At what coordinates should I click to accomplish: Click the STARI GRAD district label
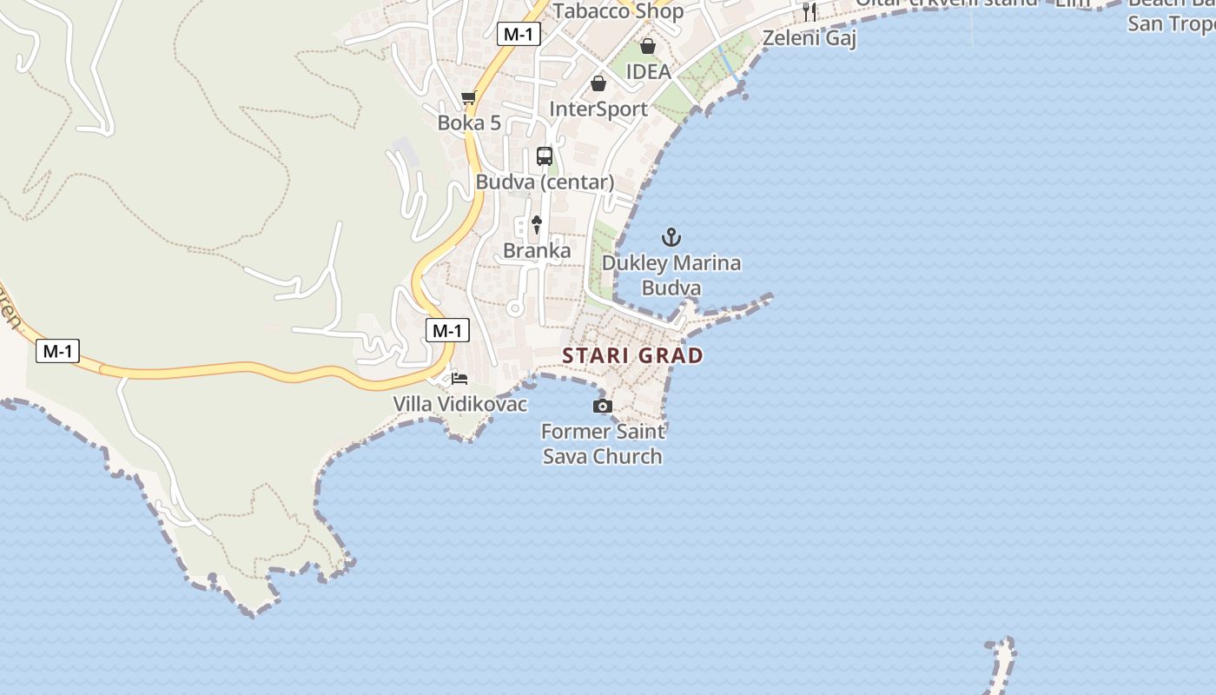(632, 355)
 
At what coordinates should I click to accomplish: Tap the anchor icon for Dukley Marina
(671, 236)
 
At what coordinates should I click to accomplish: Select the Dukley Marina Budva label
(671, 275)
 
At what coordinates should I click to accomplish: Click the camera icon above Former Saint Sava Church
(602, 406)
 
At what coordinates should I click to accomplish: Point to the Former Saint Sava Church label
(603, 443)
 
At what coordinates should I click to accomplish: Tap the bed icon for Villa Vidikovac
(459, 378)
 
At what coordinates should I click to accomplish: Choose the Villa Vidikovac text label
(460, 404)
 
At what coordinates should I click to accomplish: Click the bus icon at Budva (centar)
(545, 156)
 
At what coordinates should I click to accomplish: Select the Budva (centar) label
(545, 182)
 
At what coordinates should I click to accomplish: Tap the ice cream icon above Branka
(537, 225)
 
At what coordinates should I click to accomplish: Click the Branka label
(537, 251)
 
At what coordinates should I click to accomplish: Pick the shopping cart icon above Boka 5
(469, 97)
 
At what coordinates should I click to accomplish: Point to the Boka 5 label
(469, 122)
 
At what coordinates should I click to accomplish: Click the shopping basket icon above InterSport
(598, 83)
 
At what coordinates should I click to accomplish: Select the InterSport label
(598, 109)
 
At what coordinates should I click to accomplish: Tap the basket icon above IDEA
(648, 46)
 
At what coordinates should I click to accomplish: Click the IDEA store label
(649, 71)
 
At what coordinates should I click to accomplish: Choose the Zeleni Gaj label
(810, 38)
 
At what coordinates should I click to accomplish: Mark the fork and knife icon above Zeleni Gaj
(810, 12)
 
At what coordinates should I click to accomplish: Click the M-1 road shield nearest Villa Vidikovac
(447, 330)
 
